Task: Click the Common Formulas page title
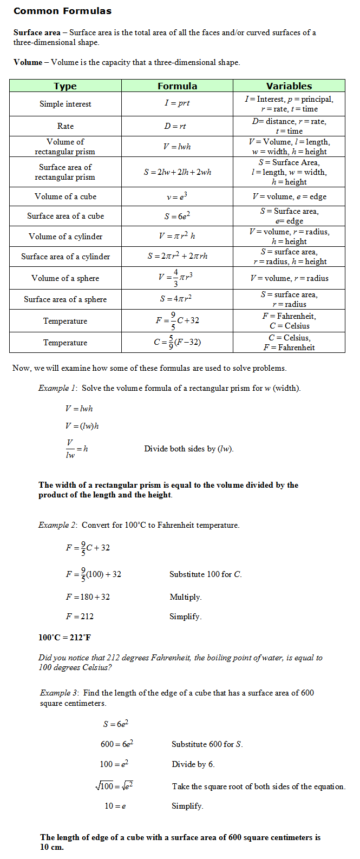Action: coord(62,11)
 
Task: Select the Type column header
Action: coord(65,86)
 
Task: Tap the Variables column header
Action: coord(289,86)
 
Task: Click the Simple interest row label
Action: coord(65,104)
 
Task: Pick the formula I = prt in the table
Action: coord(177,103)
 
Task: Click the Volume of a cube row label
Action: coord(66,196)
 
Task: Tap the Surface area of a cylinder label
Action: coord(66,257)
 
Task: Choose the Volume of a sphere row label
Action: coord(66,278)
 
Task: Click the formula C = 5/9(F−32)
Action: coord(178,342)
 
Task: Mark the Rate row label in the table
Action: coord(66,126)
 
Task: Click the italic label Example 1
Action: coord(57,388)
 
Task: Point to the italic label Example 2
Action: coord(57,525)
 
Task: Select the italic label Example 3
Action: coord(59,693)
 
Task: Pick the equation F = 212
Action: coord(80,617)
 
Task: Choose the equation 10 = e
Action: coord(115,806)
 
